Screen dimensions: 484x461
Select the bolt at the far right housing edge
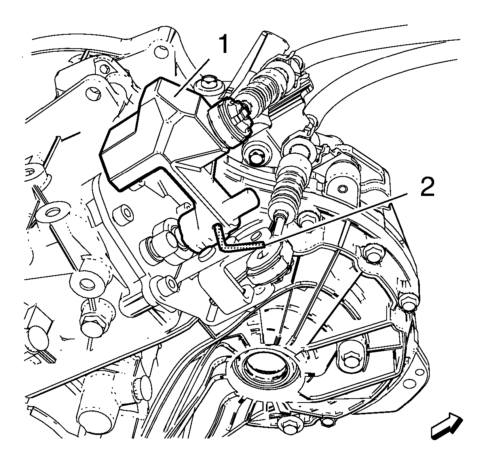(x=408, y=304)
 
